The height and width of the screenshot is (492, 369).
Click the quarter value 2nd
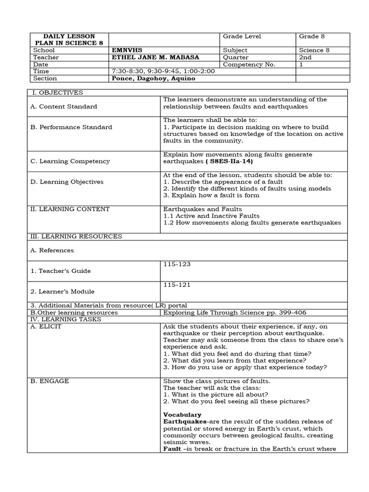[305, 57]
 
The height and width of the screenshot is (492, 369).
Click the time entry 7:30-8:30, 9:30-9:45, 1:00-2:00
[163, 71]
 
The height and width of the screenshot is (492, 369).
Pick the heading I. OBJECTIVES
[57, 92]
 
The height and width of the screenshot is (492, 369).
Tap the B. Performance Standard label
[71, 127]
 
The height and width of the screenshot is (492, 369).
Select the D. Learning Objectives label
[67, 182]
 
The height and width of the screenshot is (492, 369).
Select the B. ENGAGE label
[49, 381]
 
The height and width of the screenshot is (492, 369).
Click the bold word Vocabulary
[182, 415]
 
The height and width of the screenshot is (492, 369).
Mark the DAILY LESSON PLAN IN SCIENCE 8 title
[69, 40]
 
